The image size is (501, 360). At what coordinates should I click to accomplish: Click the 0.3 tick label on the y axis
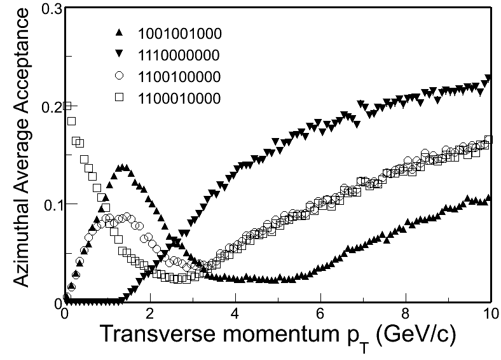[x=50, y=9]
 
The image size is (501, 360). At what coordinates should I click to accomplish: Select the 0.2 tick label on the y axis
[x=50, y=106]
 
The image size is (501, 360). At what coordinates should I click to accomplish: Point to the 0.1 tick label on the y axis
[x=50, y=204]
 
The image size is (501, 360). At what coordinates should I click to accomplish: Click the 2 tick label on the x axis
[x=150, y=314]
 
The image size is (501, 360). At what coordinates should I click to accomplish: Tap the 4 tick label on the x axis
[x=235, y=314]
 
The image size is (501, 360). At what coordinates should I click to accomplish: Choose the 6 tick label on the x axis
[x=320, y=314]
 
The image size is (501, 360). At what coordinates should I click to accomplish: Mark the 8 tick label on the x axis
[x=406, y=314]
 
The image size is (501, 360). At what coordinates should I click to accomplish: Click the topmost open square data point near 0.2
[x=66, y=106]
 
